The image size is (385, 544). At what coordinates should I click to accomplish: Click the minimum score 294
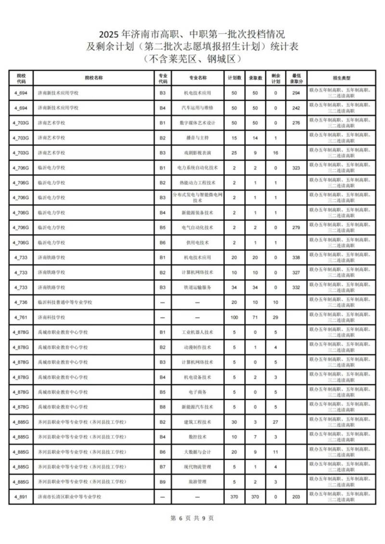coord(296,93)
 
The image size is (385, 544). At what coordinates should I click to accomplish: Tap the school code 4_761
coord(20,317)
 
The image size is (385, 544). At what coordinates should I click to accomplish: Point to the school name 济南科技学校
coord(51,317)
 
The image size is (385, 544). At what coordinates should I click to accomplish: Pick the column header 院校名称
coord(94,78)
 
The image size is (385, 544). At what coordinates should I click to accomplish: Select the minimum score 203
coord(296,496)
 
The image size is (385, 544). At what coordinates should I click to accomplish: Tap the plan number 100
coord(234,317)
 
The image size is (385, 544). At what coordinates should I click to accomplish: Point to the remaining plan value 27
coord(276,422)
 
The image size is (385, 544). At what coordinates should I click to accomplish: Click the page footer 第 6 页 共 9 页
coord(192,518)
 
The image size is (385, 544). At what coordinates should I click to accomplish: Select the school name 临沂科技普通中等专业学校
coord(65,302)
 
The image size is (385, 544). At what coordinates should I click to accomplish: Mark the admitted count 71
coord(255,317)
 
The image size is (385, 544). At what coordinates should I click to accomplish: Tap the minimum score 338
coord(296,258)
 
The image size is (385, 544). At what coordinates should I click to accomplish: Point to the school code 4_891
coord(20,496)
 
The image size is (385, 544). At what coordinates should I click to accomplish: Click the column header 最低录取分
coord(296,78)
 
